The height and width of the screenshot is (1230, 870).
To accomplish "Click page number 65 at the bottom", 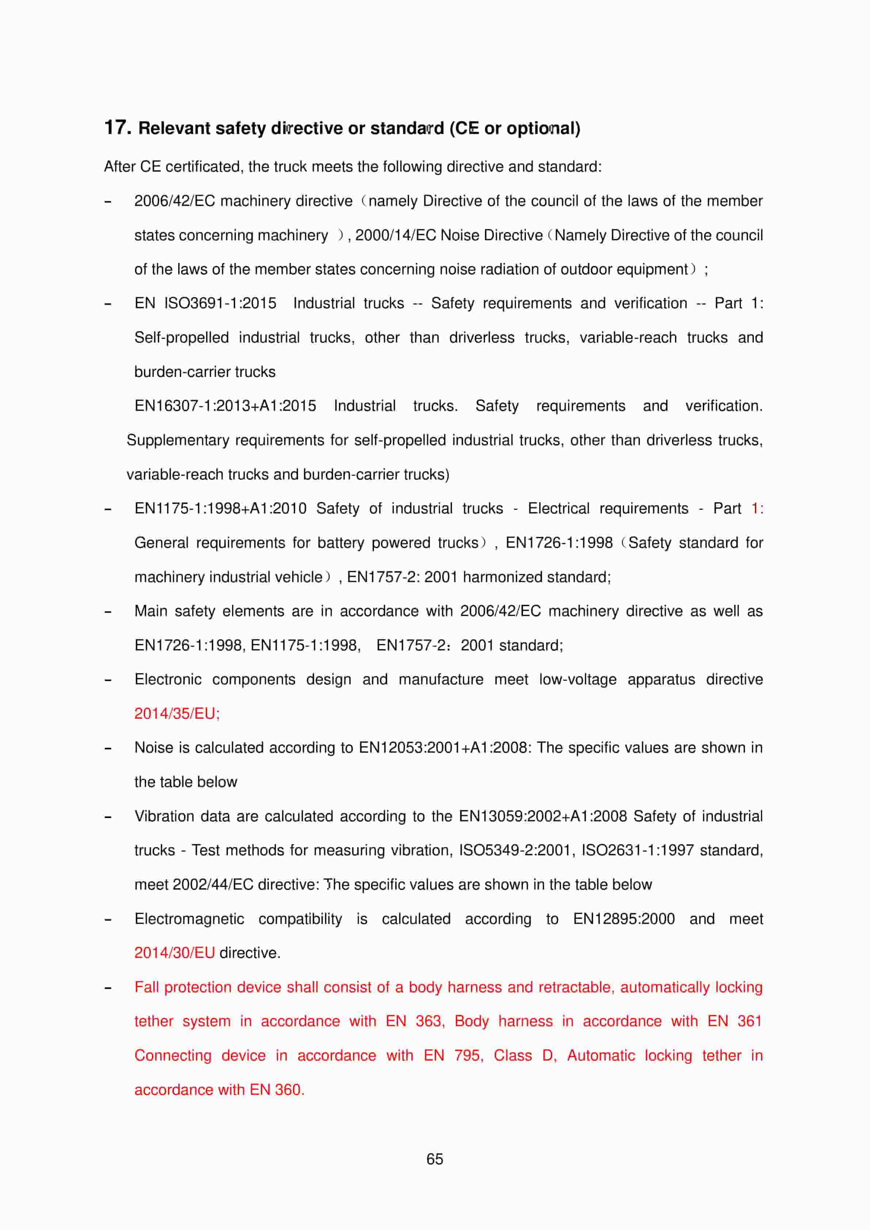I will (x=435, y=1159).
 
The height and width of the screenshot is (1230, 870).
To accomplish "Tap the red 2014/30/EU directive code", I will (x=174, y=952).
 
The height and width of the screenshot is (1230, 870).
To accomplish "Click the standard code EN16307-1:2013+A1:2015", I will (x=225, y=405).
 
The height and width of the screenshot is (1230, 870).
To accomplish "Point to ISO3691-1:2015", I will (x=220, y=303).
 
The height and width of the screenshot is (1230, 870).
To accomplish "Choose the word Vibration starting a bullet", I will (x=164, y=816).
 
